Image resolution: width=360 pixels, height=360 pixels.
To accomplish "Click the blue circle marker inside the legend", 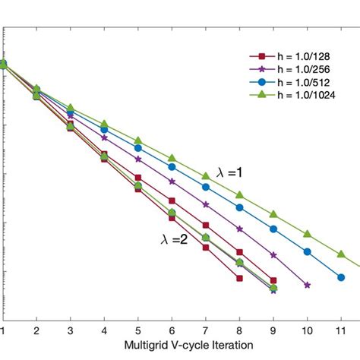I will click(261, 81).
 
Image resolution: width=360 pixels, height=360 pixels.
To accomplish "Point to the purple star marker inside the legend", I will click(261, 69).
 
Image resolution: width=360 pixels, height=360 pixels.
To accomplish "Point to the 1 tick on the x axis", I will click(3, 331).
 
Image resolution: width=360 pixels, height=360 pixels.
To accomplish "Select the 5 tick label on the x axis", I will click(137, 331).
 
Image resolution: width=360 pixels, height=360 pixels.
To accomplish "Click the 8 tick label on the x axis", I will click(239, 331).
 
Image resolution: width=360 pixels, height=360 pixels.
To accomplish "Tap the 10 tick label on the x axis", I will click(307, 331).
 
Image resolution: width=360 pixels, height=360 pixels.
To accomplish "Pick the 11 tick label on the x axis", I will click(341, 331).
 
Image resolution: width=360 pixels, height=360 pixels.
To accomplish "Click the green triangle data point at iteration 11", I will click(341, 253).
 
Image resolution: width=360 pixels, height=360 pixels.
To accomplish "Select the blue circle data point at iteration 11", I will click(341, 277).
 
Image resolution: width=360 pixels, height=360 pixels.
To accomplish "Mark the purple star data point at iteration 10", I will click(307, 286).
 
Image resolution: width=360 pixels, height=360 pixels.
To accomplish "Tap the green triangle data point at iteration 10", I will click(307, 235).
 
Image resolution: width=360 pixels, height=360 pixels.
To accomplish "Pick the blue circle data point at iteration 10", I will click(307, 253).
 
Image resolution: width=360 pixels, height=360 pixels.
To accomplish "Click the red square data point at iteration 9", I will click(273, 280).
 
